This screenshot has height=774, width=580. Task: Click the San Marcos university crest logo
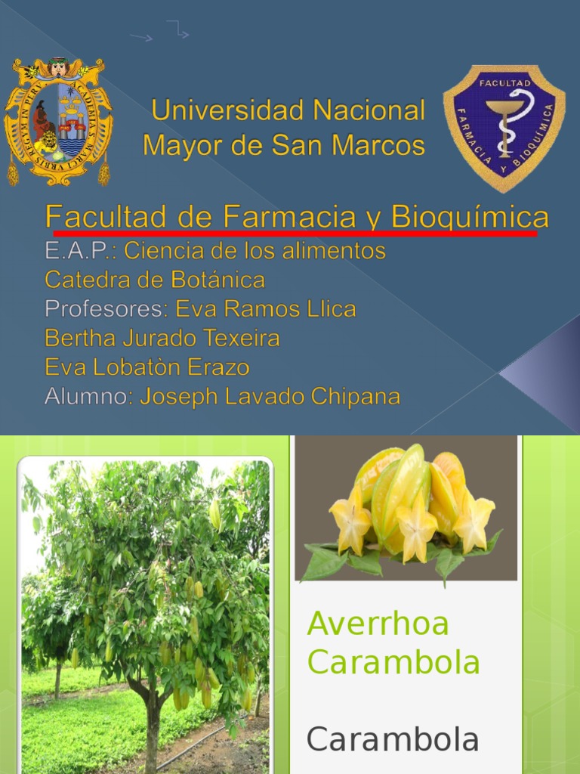[58, 122]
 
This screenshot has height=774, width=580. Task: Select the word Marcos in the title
[378, 146]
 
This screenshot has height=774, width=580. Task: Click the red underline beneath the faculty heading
[295, 233]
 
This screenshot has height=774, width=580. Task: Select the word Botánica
[218, 280]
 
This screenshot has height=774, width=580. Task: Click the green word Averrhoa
[378, 623]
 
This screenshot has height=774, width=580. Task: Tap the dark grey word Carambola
[393, 740]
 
